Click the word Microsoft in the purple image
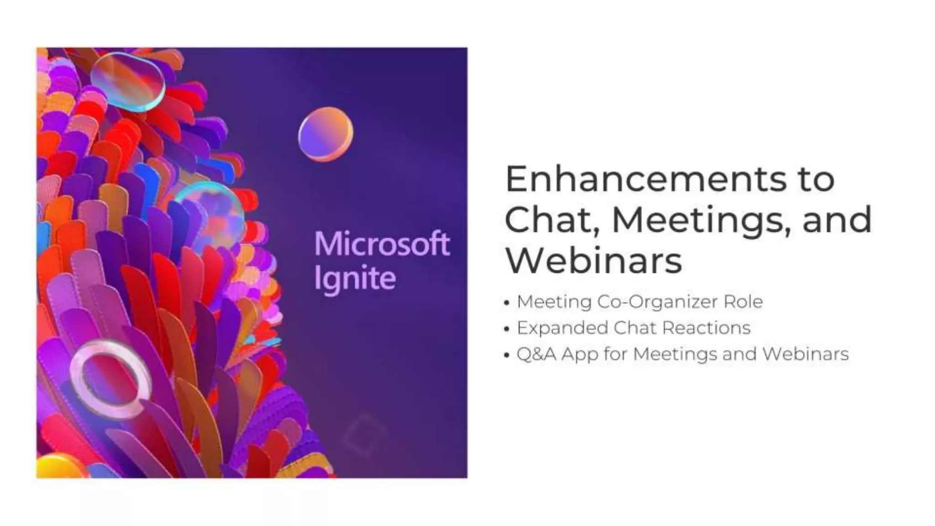click(382, 244)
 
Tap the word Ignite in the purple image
click(354, 279)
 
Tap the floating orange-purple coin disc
click(326, 134)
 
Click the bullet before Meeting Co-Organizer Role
click(506, 303)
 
